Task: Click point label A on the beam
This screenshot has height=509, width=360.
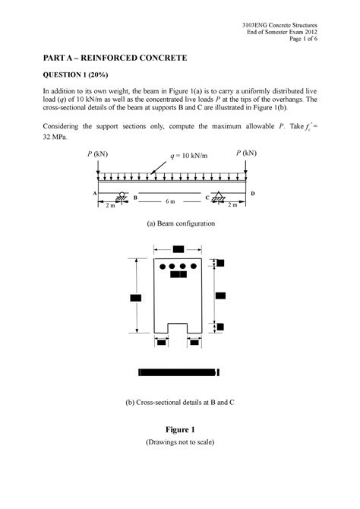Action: pos(96,193)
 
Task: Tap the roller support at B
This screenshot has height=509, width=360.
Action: pos(122,197)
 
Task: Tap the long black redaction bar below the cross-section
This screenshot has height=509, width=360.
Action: pos(179,372)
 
